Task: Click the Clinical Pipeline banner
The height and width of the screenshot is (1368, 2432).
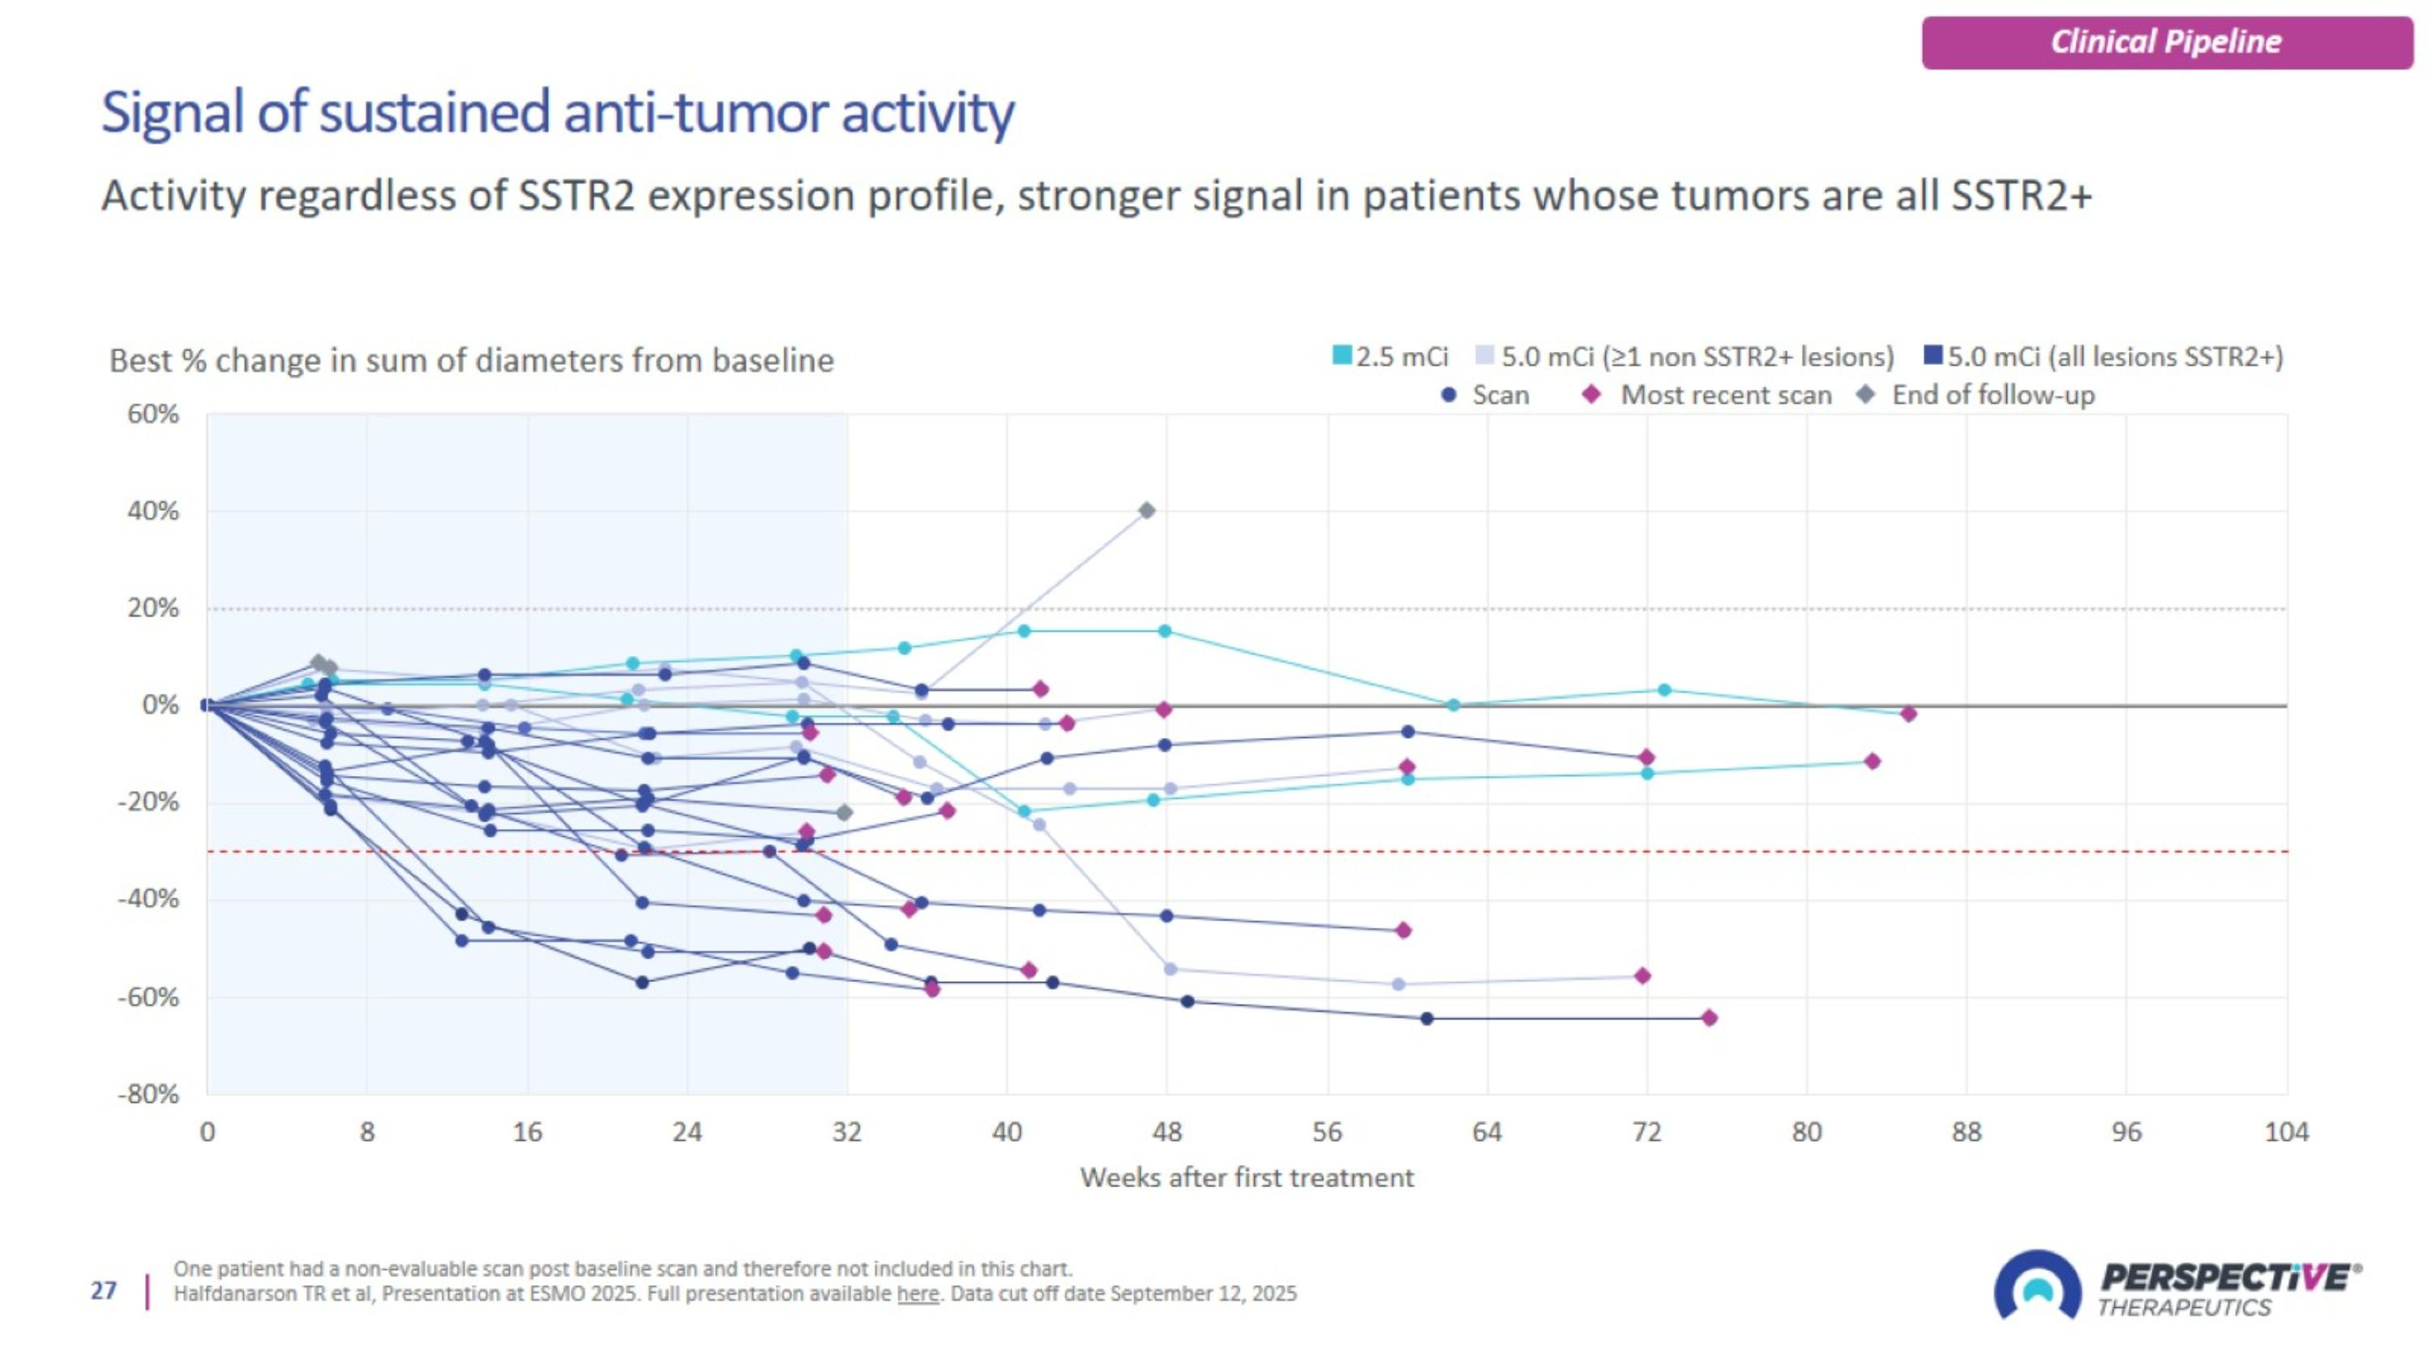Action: click(x=2167, y=42)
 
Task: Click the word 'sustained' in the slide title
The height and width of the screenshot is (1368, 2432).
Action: click(x=435, y=113)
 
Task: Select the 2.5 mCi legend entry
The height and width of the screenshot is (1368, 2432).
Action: click(x=1389, y=357)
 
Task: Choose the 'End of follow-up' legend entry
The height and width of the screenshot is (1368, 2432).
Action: click(x=1978, y=395)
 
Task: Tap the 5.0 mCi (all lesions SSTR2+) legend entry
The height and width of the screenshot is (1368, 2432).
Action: click(x=2104, y=357)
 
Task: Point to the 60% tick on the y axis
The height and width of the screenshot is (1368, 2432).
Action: click(x=153, y=414)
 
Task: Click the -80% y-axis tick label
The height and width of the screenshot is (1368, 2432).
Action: click(x=148, y=1094)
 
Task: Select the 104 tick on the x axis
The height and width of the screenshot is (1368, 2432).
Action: click(x=2285, y=1132)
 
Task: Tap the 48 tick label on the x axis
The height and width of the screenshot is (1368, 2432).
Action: click(x=1167, y=1132)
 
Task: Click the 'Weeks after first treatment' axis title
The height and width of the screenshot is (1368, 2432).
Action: click(x=1246, y=1177)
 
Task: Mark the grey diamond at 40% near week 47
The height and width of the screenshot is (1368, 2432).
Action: click(x=1147, y=511)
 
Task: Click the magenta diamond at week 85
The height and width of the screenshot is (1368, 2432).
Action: click(x=1908, y=714)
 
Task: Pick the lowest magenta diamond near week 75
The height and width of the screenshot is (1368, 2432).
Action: click(x=1709, y=1018)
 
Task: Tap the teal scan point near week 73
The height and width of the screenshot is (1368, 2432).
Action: click(x=1664, y=690)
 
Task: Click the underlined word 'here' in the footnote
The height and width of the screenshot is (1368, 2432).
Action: click(x=918, y=1293)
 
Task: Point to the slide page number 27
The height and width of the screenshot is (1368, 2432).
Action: click(x=104, y=1291)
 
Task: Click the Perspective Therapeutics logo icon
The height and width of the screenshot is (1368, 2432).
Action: click(x=2036, y=1285)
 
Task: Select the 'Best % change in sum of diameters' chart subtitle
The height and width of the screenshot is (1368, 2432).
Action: click(x=471, y=361)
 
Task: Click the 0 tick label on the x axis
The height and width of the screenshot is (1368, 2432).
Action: click(x=208, y=1132)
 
